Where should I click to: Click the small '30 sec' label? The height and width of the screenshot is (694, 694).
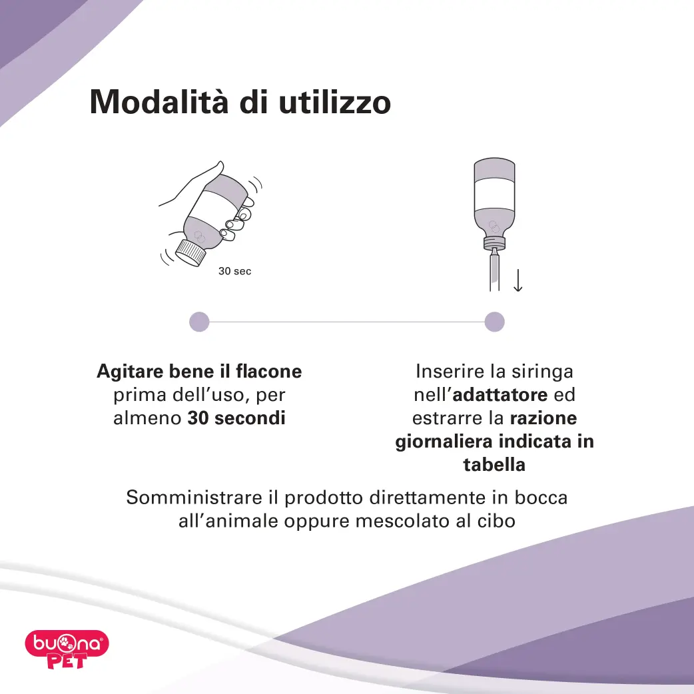tap(234, 272)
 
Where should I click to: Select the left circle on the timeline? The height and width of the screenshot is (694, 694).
tap(199, 322)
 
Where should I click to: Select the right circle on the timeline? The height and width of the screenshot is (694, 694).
tap(494, 322)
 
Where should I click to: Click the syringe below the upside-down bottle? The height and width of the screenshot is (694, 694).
tap(494, 270)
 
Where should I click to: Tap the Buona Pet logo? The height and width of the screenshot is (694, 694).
tap(67, 649)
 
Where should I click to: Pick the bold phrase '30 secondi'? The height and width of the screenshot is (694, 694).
tap(236, 418)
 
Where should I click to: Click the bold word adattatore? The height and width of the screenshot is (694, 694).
tap(500, 395)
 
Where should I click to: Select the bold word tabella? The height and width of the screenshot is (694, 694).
tap(494, 465)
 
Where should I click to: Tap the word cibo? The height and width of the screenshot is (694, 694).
tap(497, 521)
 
